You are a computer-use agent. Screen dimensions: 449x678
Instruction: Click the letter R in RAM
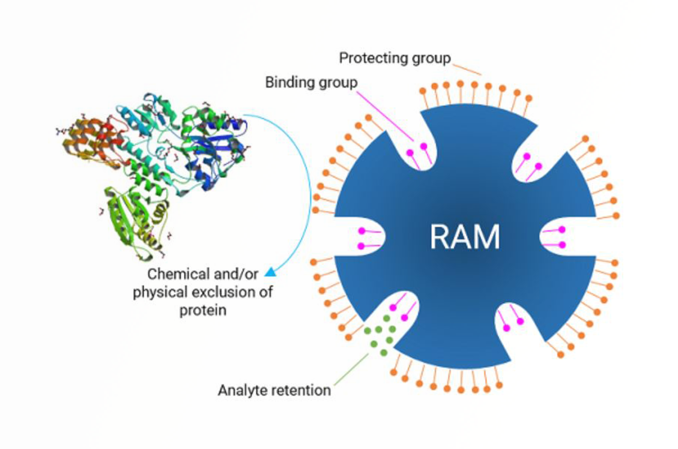[440, 236]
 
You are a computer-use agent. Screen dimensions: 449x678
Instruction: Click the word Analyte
[243, 390]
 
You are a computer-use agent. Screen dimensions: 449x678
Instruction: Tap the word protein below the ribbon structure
[203, 310]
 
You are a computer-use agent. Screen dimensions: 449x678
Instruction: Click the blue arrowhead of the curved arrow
[270, 272]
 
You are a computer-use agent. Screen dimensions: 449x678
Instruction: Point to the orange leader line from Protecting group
[467, 69]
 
